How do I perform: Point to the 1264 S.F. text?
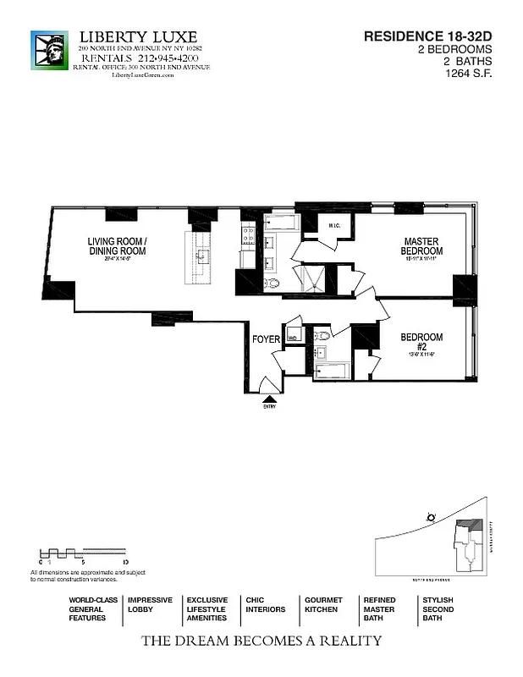(469, 74)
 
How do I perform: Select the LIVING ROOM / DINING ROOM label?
(118, 246)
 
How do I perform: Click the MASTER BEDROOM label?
(421, 246)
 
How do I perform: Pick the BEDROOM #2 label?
(421, 342)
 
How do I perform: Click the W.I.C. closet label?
(334, 225)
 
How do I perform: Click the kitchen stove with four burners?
(249, 234)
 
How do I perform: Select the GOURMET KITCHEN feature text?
(323, 604)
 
